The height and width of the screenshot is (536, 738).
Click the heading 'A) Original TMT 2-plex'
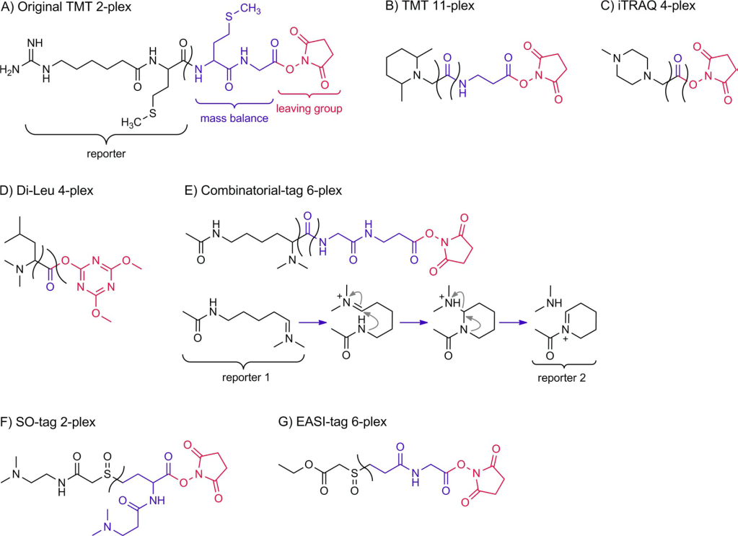[68, 9]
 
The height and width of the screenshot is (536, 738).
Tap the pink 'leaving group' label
[310, 108]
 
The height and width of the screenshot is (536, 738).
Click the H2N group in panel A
[14, 70]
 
